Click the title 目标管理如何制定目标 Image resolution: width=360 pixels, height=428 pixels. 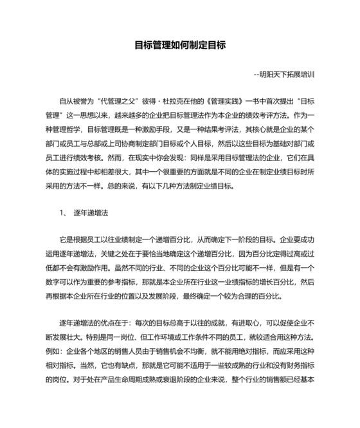pos(179,46)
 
